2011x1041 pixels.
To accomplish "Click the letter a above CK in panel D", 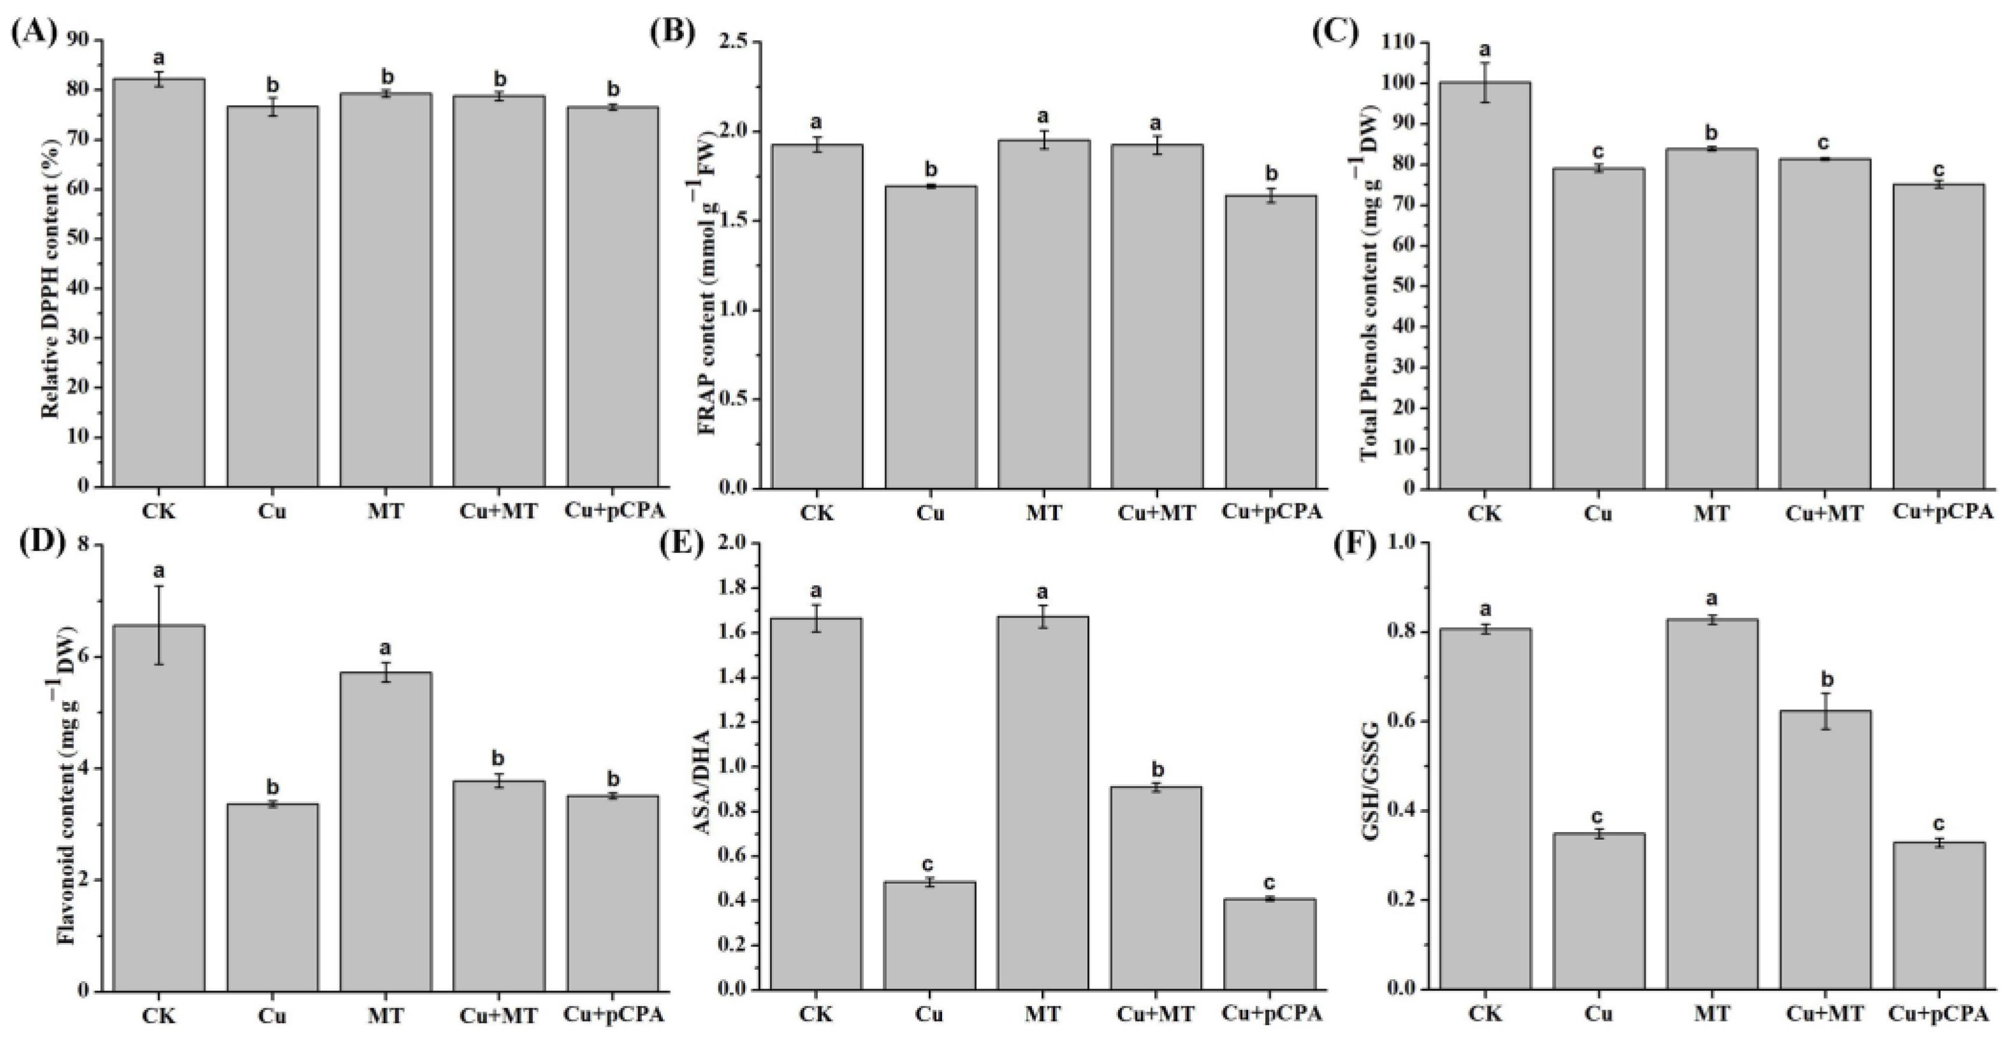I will point(159,571).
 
